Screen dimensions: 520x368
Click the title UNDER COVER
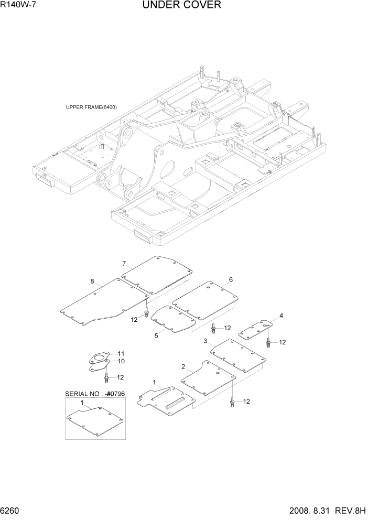[181, 5]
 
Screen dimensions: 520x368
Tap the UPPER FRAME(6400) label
[91, 107]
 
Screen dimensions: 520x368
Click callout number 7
[124, 263]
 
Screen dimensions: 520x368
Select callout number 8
[92, 281]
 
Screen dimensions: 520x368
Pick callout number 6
[230, 279]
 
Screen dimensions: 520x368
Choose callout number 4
[281, 316]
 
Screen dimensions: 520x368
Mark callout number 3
[205, 341]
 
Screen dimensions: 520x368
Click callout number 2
[183, 366]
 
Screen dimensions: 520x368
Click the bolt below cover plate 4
[268, 343]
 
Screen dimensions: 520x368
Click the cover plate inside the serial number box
[94, 419]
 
